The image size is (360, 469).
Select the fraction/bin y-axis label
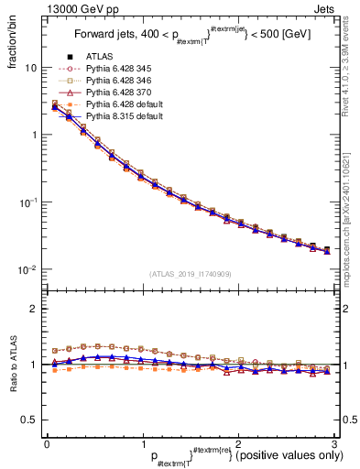pos(13,43)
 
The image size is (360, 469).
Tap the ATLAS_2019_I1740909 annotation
pos(191,273)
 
